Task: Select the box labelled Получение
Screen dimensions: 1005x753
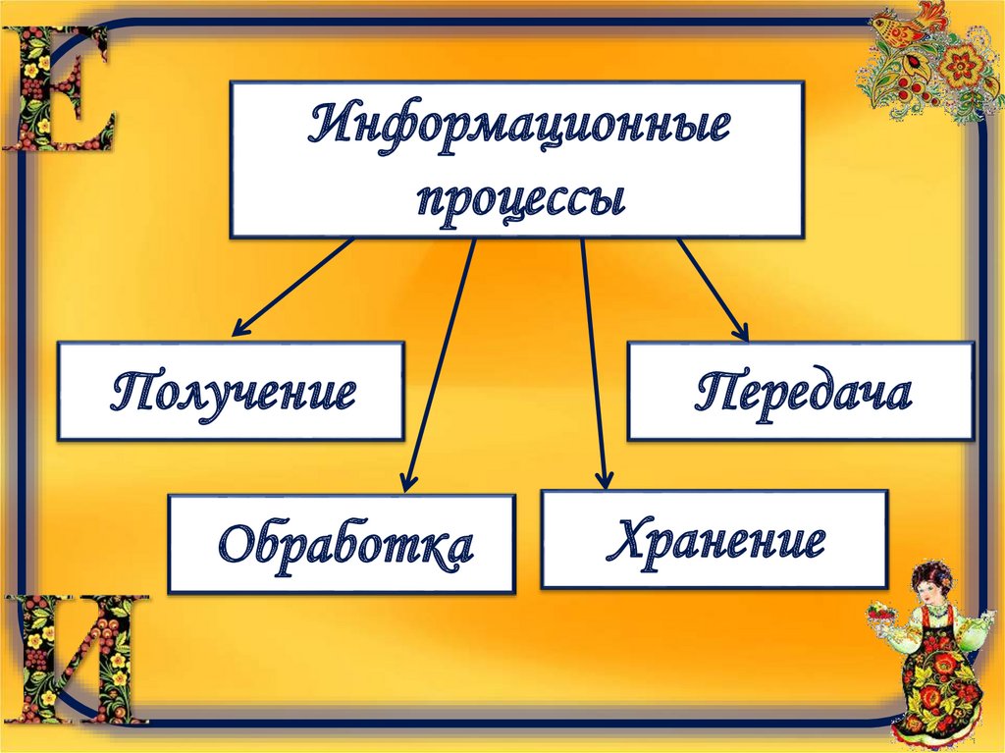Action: click(x=231, y=390)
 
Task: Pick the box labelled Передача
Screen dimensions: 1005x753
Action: click(x=801, y=391)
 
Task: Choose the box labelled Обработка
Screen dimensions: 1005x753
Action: click(x=342, y=543)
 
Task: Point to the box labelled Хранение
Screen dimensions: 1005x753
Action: click(x=714, y=540)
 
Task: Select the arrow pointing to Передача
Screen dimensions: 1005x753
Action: click(x=713, y=289)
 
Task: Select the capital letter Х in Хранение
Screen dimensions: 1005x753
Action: click(x=627, y=539)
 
